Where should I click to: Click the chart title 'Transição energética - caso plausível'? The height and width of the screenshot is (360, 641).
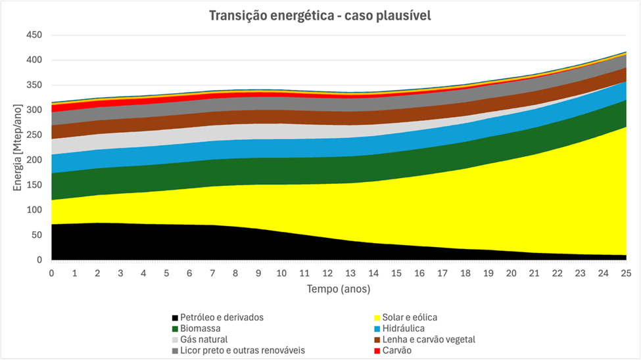(320, 16)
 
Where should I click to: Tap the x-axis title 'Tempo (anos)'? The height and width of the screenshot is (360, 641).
(339, 288)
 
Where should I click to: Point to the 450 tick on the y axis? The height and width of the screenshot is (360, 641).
(34, 35)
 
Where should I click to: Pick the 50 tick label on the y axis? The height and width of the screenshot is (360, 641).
(36, 235)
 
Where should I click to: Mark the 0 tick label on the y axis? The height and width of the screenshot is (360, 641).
(39, 260)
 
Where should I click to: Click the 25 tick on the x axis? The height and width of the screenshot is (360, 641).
(626, 273)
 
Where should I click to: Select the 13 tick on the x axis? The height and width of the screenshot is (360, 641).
(350, 273)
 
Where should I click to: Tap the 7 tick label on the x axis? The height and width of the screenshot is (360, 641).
(212, 273)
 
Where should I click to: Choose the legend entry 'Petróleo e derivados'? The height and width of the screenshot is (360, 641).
(222, 317)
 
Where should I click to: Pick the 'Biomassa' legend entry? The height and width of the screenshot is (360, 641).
(201, 328)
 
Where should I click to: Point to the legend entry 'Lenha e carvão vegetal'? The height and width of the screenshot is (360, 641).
(428, 340)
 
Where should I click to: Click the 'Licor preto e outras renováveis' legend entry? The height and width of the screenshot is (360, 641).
(243, 351)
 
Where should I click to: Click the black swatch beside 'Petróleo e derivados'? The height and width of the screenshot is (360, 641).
(174, 318)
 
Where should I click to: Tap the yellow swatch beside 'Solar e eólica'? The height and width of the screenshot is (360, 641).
(376, 318)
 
